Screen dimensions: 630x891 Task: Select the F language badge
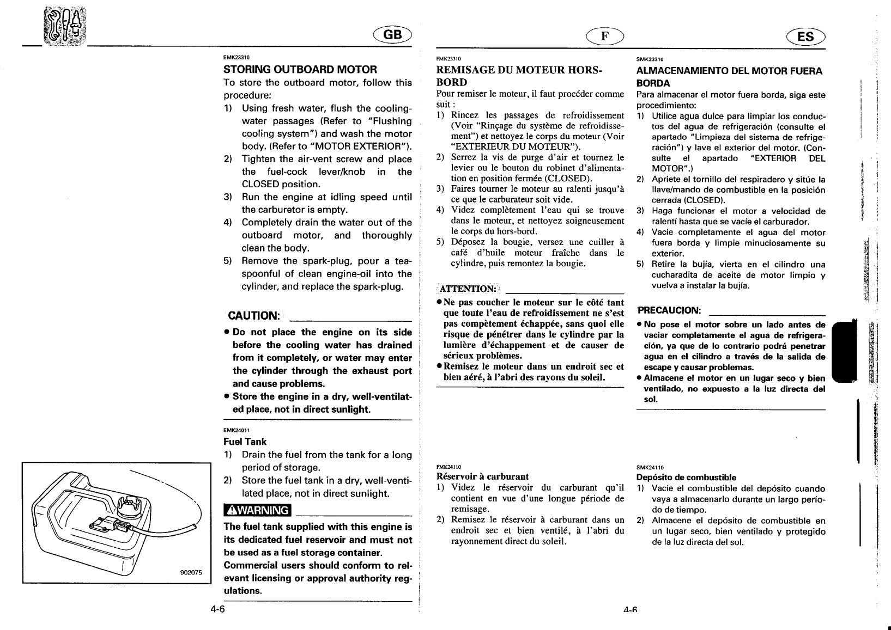tap(604, 36)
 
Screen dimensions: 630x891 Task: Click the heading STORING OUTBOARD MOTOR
tap(300, 70)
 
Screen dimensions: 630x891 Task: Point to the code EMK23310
tap(237, 57)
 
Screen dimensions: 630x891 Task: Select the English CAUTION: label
tap(254, 316)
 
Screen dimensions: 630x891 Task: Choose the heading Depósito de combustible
tap(686, 478)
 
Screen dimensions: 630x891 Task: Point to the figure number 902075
tap(191, 572)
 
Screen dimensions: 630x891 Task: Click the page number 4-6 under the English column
tap(218, 609)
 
